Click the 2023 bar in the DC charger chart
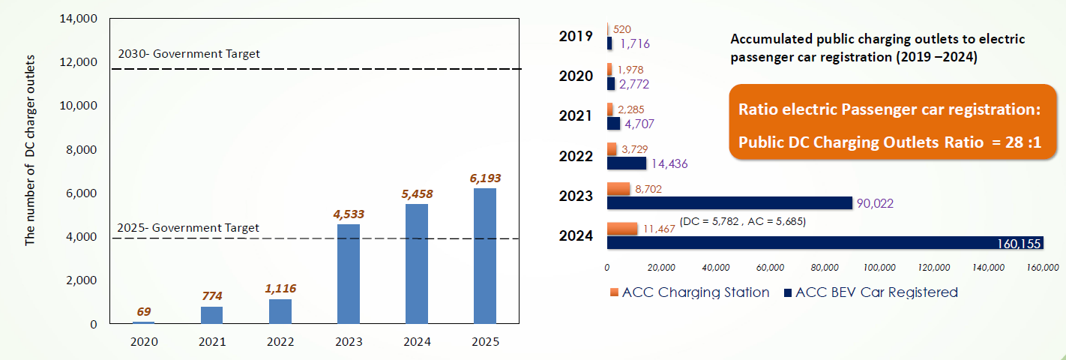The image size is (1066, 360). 349,274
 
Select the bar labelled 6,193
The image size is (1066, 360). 485,256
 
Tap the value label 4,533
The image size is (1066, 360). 349,214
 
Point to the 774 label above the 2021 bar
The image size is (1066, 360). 212,296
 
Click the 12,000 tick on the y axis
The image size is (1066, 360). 77,61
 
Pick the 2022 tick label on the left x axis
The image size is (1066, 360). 280,342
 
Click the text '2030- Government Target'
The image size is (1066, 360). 189,53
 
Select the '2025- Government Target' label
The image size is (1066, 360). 189,227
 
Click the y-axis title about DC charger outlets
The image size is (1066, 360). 31,171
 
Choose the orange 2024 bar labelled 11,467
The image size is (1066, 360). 621,229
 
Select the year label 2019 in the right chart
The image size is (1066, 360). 576,34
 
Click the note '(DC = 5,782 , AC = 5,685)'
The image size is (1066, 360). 742,222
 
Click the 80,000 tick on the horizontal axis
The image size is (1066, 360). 825,267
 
